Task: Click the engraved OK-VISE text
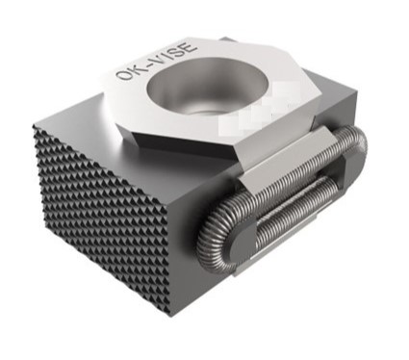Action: (156, 62)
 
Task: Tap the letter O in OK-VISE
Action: (123, 76)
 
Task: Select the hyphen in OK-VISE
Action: (146, 66)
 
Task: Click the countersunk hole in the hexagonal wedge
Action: (208, 86)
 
